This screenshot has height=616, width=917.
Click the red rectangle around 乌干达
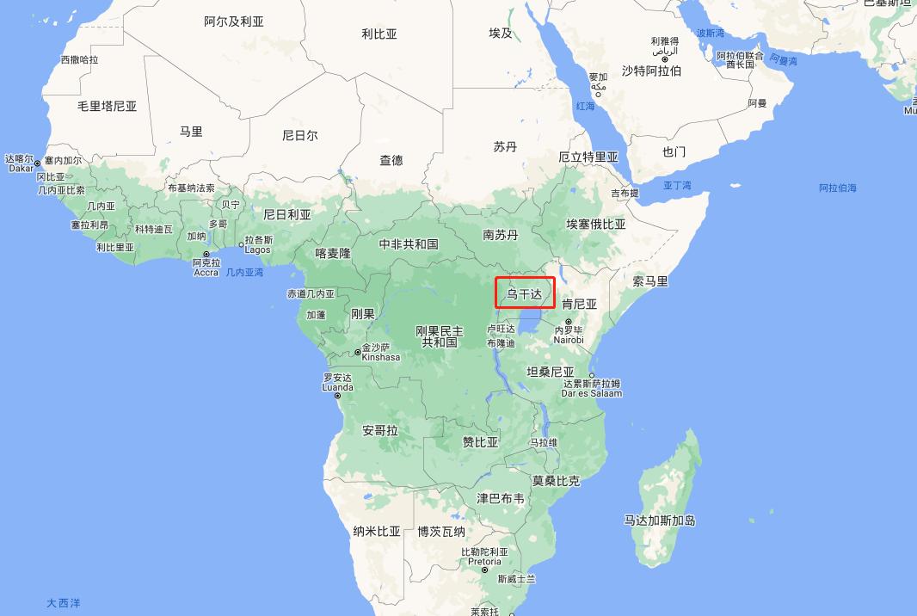(525, 293)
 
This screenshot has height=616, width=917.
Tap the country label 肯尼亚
(579, 305)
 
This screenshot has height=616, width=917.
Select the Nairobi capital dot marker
(568, 322)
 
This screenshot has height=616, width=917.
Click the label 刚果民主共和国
(439, 336)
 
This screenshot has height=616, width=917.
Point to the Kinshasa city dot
(358, 353)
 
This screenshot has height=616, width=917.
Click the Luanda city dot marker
(337, 395)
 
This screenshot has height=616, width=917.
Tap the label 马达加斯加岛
(660, 520)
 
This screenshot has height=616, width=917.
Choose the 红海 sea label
(585, 107)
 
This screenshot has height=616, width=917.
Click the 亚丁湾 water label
(677, 186)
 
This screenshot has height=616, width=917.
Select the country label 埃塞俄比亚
(595, 225)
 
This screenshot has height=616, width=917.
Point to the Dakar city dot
(38, 163)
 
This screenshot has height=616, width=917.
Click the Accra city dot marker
(206, 255)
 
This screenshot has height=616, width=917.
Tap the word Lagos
(257, 250)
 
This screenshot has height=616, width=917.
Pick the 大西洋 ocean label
(64, 603)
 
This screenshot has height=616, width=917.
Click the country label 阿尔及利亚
(234, 22)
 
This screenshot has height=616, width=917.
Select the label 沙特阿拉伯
(651, 71)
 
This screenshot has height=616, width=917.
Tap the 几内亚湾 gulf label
(244, 272)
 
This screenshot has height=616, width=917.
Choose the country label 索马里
(650, 281)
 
